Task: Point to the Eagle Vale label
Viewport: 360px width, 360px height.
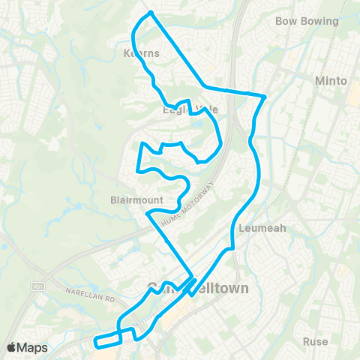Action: pos(190,109)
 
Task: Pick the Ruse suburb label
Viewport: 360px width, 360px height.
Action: pos(316,341)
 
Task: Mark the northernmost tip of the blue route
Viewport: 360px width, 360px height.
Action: pos(151,13)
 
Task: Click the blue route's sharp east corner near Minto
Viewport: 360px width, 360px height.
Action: pos(265,96)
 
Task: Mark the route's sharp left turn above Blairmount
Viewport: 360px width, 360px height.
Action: pos(138,169)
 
